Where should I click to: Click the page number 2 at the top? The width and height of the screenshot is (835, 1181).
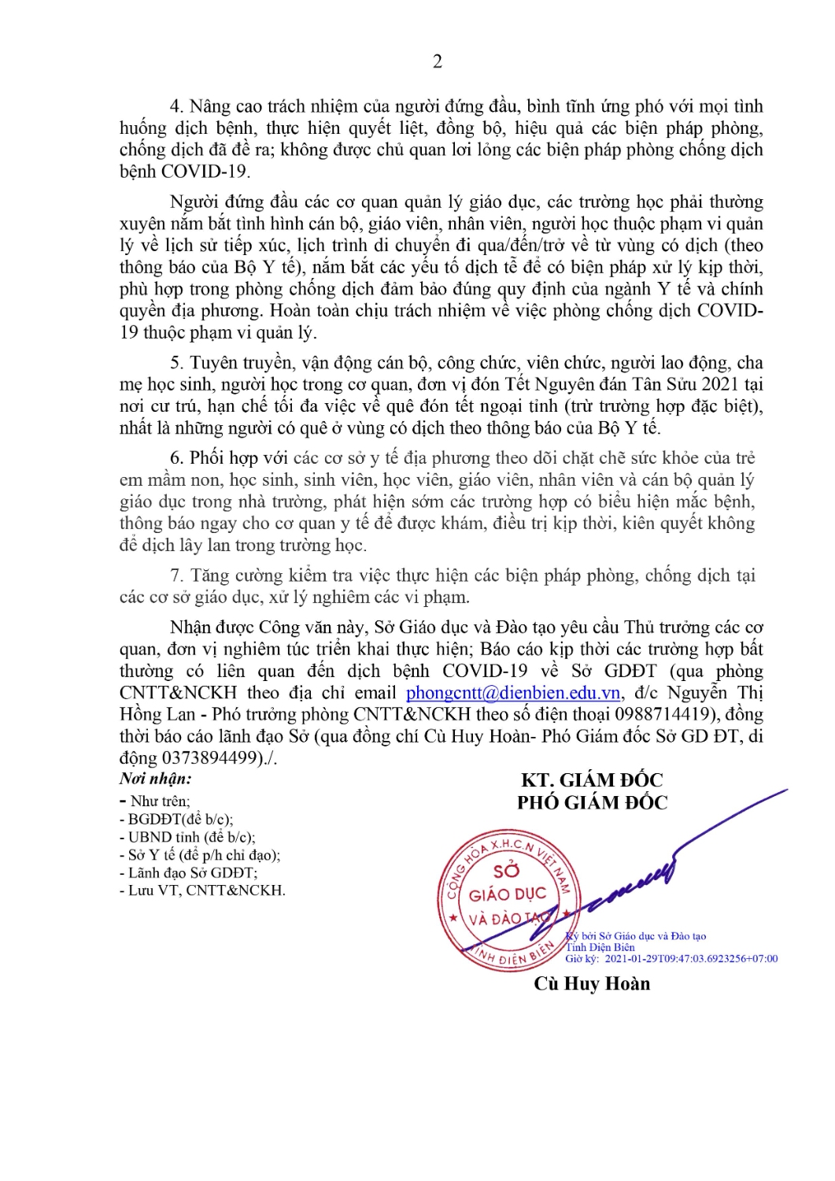438,61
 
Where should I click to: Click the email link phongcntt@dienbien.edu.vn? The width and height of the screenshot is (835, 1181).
513,693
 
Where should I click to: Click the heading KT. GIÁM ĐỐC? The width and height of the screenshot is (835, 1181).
592,780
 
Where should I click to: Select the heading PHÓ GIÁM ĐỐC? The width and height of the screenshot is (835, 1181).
592,802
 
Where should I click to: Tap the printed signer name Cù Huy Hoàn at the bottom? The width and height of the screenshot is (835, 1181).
592,983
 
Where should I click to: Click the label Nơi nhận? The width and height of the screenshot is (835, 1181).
156,779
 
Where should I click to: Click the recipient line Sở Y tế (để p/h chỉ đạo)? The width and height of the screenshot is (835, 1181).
204,855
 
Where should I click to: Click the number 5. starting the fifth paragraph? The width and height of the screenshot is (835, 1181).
177,363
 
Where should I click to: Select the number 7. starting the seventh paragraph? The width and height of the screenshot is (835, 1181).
177,576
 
